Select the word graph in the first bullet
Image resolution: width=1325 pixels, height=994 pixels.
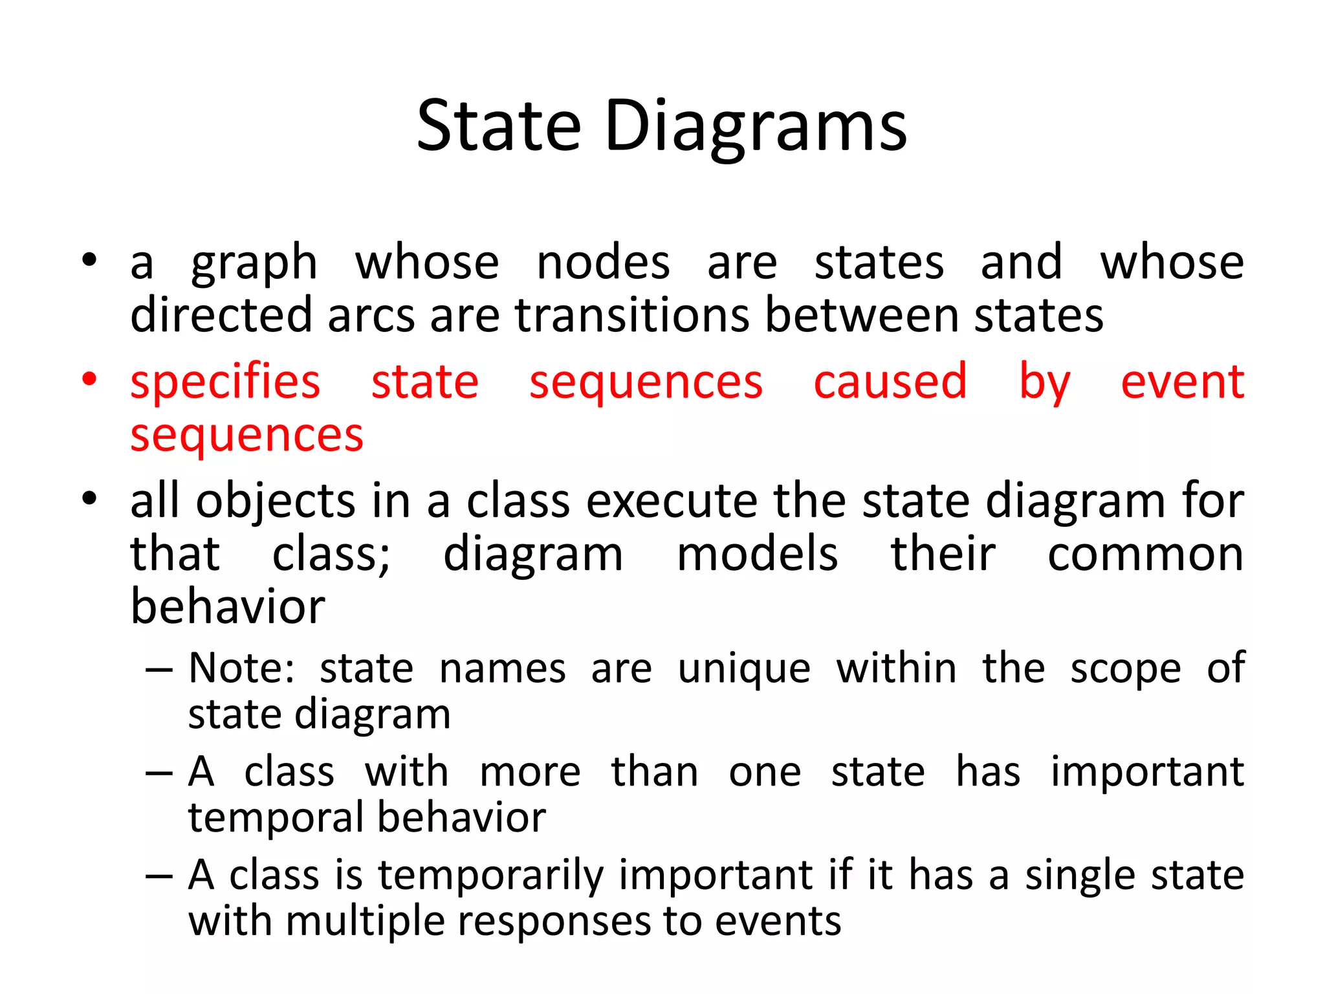tap(254, 264)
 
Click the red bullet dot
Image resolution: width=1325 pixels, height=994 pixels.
tap(89, 379)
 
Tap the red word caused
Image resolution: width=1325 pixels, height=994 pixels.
tap(890, 382)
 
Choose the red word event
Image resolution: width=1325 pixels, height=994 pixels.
tap(1182, 382)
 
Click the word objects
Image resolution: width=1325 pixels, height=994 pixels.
tap(276, 502)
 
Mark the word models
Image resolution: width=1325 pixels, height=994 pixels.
tap(757, 555)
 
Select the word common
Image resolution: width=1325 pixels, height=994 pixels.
tap(1145, 555)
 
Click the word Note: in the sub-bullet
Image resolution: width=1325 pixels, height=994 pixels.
tap(241, 668)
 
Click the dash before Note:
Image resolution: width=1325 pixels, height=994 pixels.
tap(159, 670)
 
